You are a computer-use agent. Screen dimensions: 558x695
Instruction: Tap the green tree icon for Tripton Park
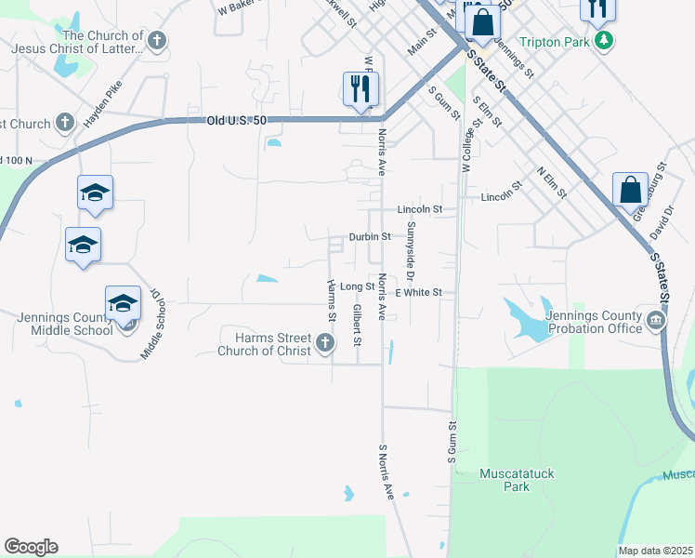click(605, 40)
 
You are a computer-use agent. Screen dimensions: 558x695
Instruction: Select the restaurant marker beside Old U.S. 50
click(361, 90)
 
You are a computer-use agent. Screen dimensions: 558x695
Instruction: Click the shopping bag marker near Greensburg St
click(630, 190)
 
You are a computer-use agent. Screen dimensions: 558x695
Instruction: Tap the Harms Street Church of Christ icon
click(325, 344)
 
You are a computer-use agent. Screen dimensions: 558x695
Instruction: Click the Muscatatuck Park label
click(517, 479)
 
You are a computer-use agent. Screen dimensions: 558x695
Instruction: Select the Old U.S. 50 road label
click(240, 121)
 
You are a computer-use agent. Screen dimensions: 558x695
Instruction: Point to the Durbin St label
click(368, 236)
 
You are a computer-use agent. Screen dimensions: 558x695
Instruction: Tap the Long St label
click(357, 286)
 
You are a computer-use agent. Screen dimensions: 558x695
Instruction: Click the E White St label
click(424, 292)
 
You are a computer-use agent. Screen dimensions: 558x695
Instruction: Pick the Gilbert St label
click(357, 322)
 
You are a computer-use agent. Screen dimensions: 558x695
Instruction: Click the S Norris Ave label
click(386, 472)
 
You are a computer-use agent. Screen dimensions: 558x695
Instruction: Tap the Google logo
click(31, 547)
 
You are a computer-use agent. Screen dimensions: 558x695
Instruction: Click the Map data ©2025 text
click(655, 551)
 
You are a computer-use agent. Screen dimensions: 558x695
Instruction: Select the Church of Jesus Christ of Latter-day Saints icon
click(157, 40)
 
